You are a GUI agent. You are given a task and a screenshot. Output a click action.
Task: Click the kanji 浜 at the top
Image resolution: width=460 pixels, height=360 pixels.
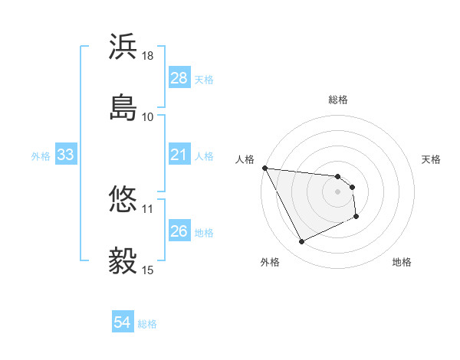coord(123,47)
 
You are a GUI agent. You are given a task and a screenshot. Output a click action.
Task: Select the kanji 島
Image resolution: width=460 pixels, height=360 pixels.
coord(123,107)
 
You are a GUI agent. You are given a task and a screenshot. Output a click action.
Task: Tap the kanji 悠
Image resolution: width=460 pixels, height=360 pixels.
coord(123,200)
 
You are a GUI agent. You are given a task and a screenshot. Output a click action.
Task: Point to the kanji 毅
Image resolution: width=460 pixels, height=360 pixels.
coord(123,261)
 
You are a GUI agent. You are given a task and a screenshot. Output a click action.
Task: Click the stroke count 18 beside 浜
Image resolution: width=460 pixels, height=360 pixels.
coord(148,56)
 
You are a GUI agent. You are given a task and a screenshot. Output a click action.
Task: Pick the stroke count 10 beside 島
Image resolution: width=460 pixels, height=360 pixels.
coord(148,116)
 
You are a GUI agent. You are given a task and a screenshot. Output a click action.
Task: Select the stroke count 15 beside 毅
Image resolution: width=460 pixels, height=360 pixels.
coord(148,270)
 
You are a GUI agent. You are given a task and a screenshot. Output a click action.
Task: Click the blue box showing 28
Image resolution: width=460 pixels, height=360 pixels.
coord(179,78)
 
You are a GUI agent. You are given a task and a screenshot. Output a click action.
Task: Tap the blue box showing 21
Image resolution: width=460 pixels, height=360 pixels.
coord(179,155)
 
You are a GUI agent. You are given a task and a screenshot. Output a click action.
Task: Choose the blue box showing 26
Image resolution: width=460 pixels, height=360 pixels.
coord(179,232)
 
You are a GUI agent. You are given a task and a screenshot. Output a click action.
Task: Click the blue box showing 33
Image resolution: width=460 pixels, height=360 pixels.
coord(65,155)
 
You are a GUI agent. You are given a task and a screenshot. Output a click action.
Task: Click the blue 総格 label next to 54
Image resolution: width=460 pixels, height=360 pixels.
coord(147,324)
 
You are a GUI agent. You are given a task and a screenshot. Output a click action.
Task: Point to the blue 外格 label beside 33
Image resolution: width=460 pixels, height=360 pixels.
coord(41,156)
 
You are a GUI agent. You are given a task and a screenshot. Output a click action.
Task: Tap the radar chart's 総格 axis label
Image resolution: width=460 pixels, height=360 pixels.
coord(338,100)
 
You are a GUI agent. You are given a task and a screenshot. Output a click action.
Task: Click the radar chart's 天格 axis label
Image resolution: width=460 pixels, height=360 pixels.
coord(431,159)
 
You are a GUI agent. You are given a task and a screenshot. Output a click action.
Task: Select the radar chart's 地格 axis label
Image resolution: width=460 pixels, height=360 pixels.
coord(402,262)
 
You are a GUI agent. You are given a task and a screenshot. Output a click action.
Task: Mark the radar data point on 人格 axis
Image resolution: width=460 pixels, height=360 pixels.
coord(264,168)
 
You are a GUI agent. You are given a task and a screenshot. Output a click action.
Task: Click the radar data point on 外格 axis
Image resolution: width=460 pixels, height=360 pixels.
coord(301,242)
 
